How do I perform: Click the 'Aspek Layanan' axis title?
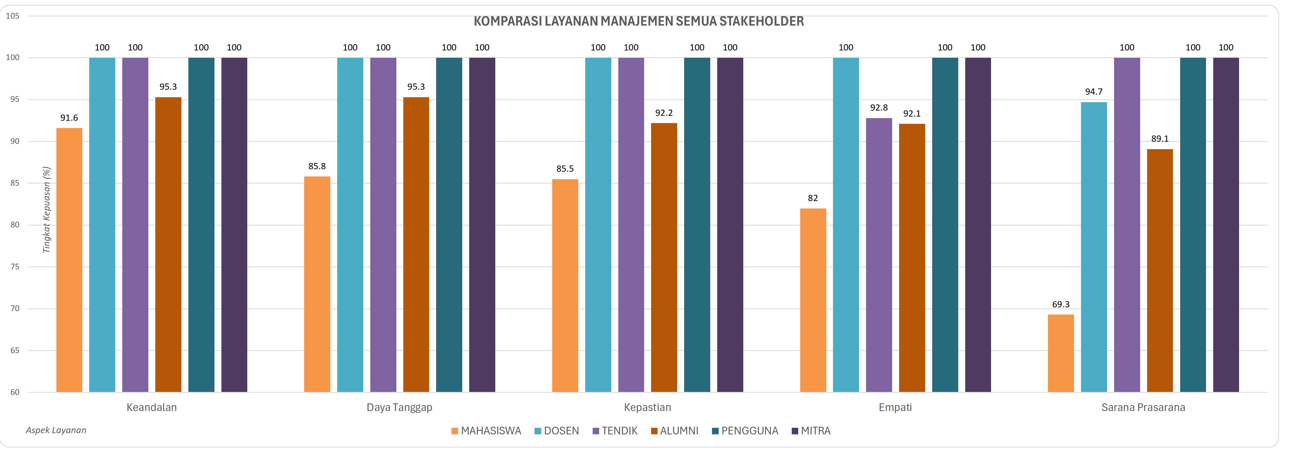[56, 430]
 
